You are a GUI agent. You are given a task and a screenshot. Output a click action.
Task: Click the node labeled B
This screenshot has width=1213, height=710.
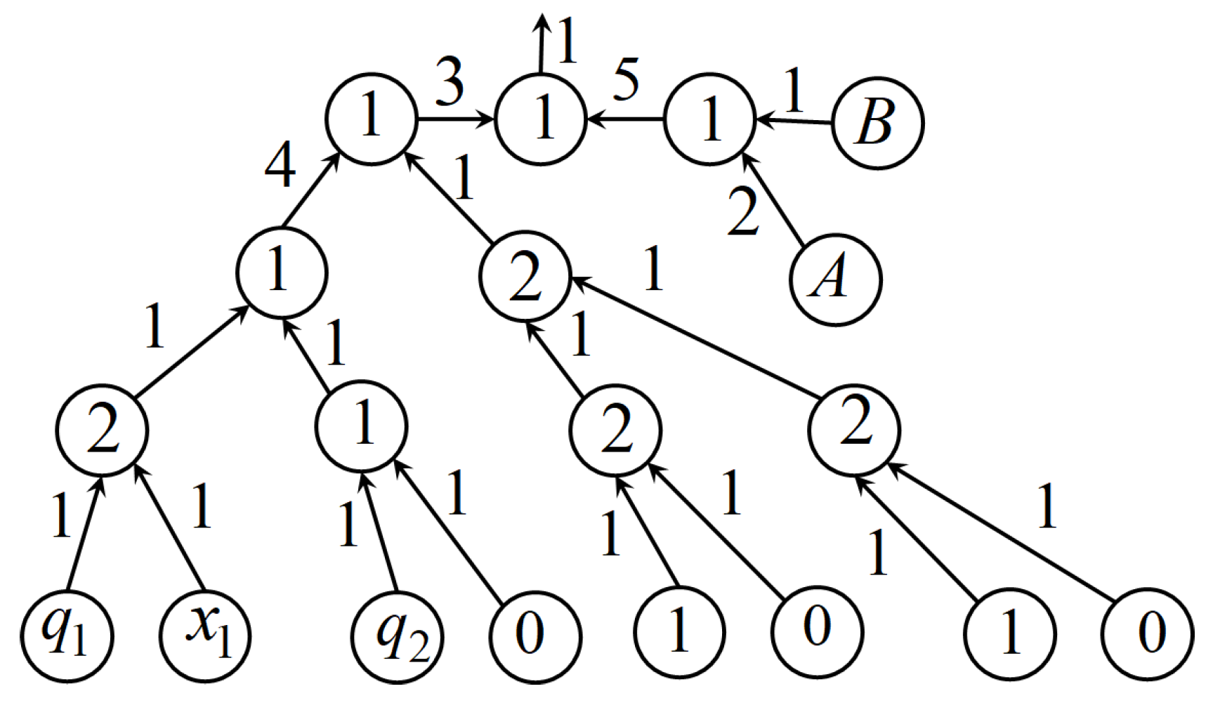click(x=877, y=123)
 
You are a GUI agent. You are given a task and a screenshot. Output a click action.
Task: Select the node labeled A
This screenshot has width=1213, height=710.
click(x=835, y=279)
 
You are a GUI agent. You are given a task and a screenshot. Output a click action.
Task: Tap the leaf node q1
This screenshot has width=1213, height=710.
click(x=66, y=636)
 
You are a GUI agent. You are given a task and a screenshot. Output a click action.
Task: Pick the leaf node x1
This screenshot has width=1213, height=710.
click(x=205, y=636)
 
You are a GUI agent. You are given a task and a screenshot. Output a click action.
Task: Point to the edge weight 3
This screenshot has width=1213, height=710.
click(x=450, y=82)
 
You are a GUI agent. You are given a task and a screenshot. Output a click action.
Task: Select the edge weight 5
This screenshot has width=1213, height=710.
click(x=626, y=79)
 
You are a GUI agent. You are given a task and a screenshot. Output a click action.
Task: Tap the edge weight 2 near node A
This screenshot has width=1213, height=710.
click(x=743, y=211)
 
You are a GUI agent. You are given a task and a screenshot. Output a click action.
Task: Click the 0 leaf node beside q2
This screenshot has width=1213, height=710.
click(x=535, y=636)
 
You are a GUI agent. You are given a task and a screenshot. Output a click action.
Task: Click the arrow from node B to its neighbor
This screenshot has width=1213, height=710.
click(x=794, y=121)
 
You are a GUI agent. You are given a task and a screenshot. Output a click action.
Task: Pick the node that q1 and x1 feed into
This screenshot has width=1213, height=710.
click(x=103, y=430)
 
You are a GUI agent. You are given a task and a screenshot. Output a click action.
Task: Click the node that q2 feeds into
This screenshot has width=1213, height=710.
click(x=361, y=426)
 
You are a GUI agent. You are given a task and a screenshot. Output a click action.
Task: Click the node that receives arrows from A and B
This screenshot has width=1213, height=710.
click(x=709, y=119)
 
